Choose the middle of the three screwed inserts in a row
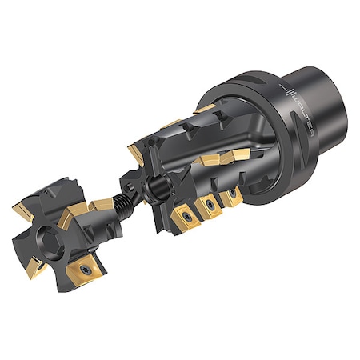point(210,206)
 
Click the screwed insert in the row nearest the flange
point(233,194)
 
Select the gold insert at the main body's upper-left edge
point(137,149)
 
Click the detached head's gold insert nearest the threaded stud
point(99,206)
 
